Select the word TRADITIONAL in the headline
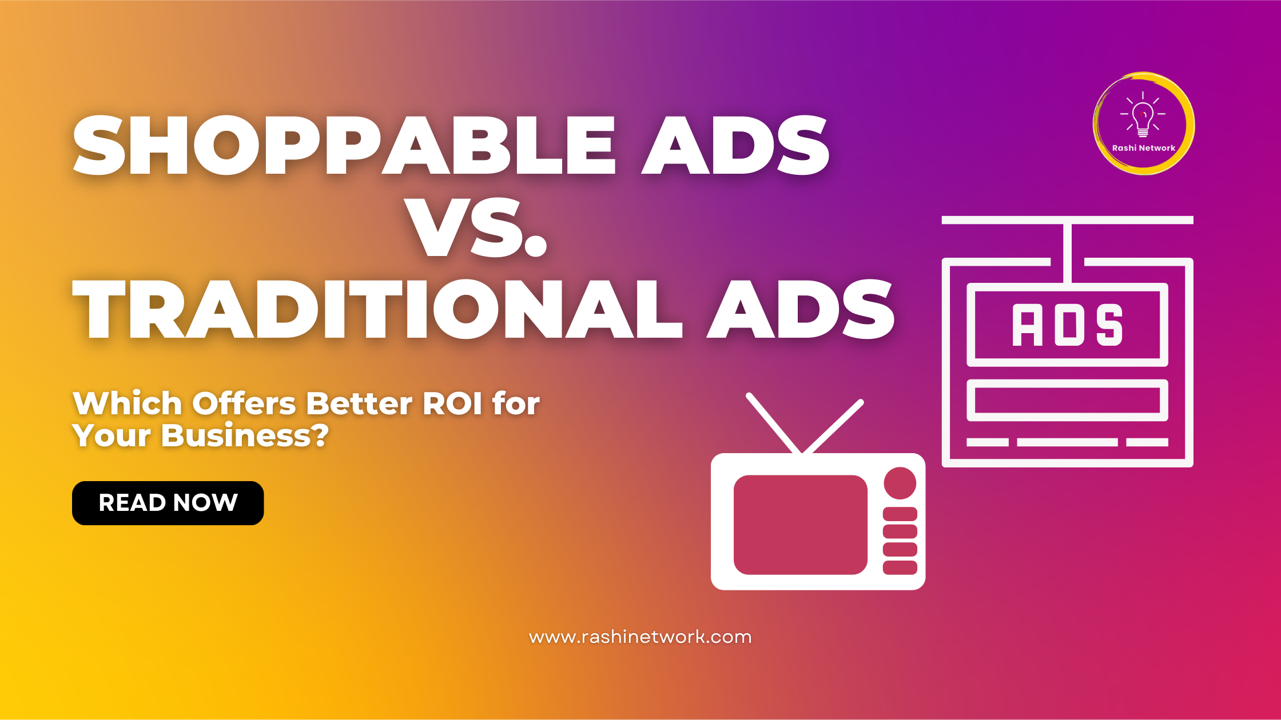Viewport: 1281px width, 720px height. click(377, 309)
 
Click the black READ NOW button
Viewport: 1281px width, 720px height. click(168, 503)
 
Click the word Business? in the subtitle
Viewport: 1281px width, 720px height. click(245, 435)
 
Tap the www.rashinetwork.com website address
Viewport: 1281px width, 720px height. click(640, 637)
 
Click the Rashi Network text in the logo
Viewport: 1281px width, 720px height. click(1143, 148)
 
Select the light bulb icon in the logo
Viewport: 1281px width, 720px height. click(1143, 115)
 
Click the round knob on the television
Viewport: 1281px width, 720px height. click(900, 483)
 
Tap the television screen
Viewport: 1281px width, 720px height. click(800, 525)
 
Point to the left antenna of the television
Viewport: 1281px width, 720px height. click(774, 423)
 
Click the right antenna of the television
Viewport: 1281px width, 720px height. click(833, 427)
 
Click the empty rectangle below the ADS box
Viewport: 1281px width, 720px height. click(1067, 400)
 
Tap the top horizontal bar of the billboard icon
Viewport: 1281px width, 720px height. click(1067, 220)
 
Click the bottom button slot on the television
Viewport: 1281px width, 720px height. click(900, 567)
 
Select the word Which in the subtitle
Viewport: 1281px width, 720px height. click(128, 403)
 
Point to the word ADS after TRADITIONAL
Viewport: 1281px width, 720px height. click(801, 309)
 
